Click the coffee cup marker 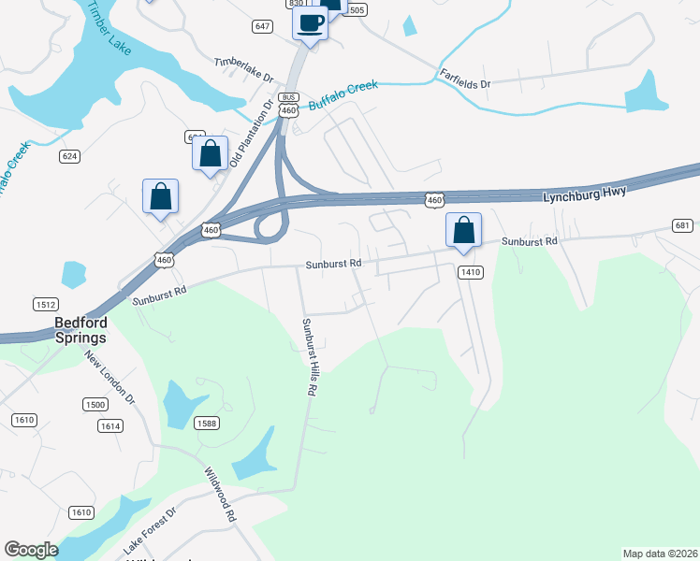coord(310,23)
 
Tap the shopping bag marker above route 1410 coord(464,230)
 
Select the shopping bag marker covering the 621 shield coord(211,153)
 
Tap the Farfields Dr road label coord(460,83)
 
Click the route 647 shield coord(262,26)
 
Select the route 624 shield coord(70,155)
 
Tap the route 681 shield coord(682,225)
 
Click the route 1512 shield coord(45,304)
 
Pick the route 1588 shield coord(207,424)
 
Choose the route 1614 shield coord(110,425)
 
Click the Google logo coord(31,550)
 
